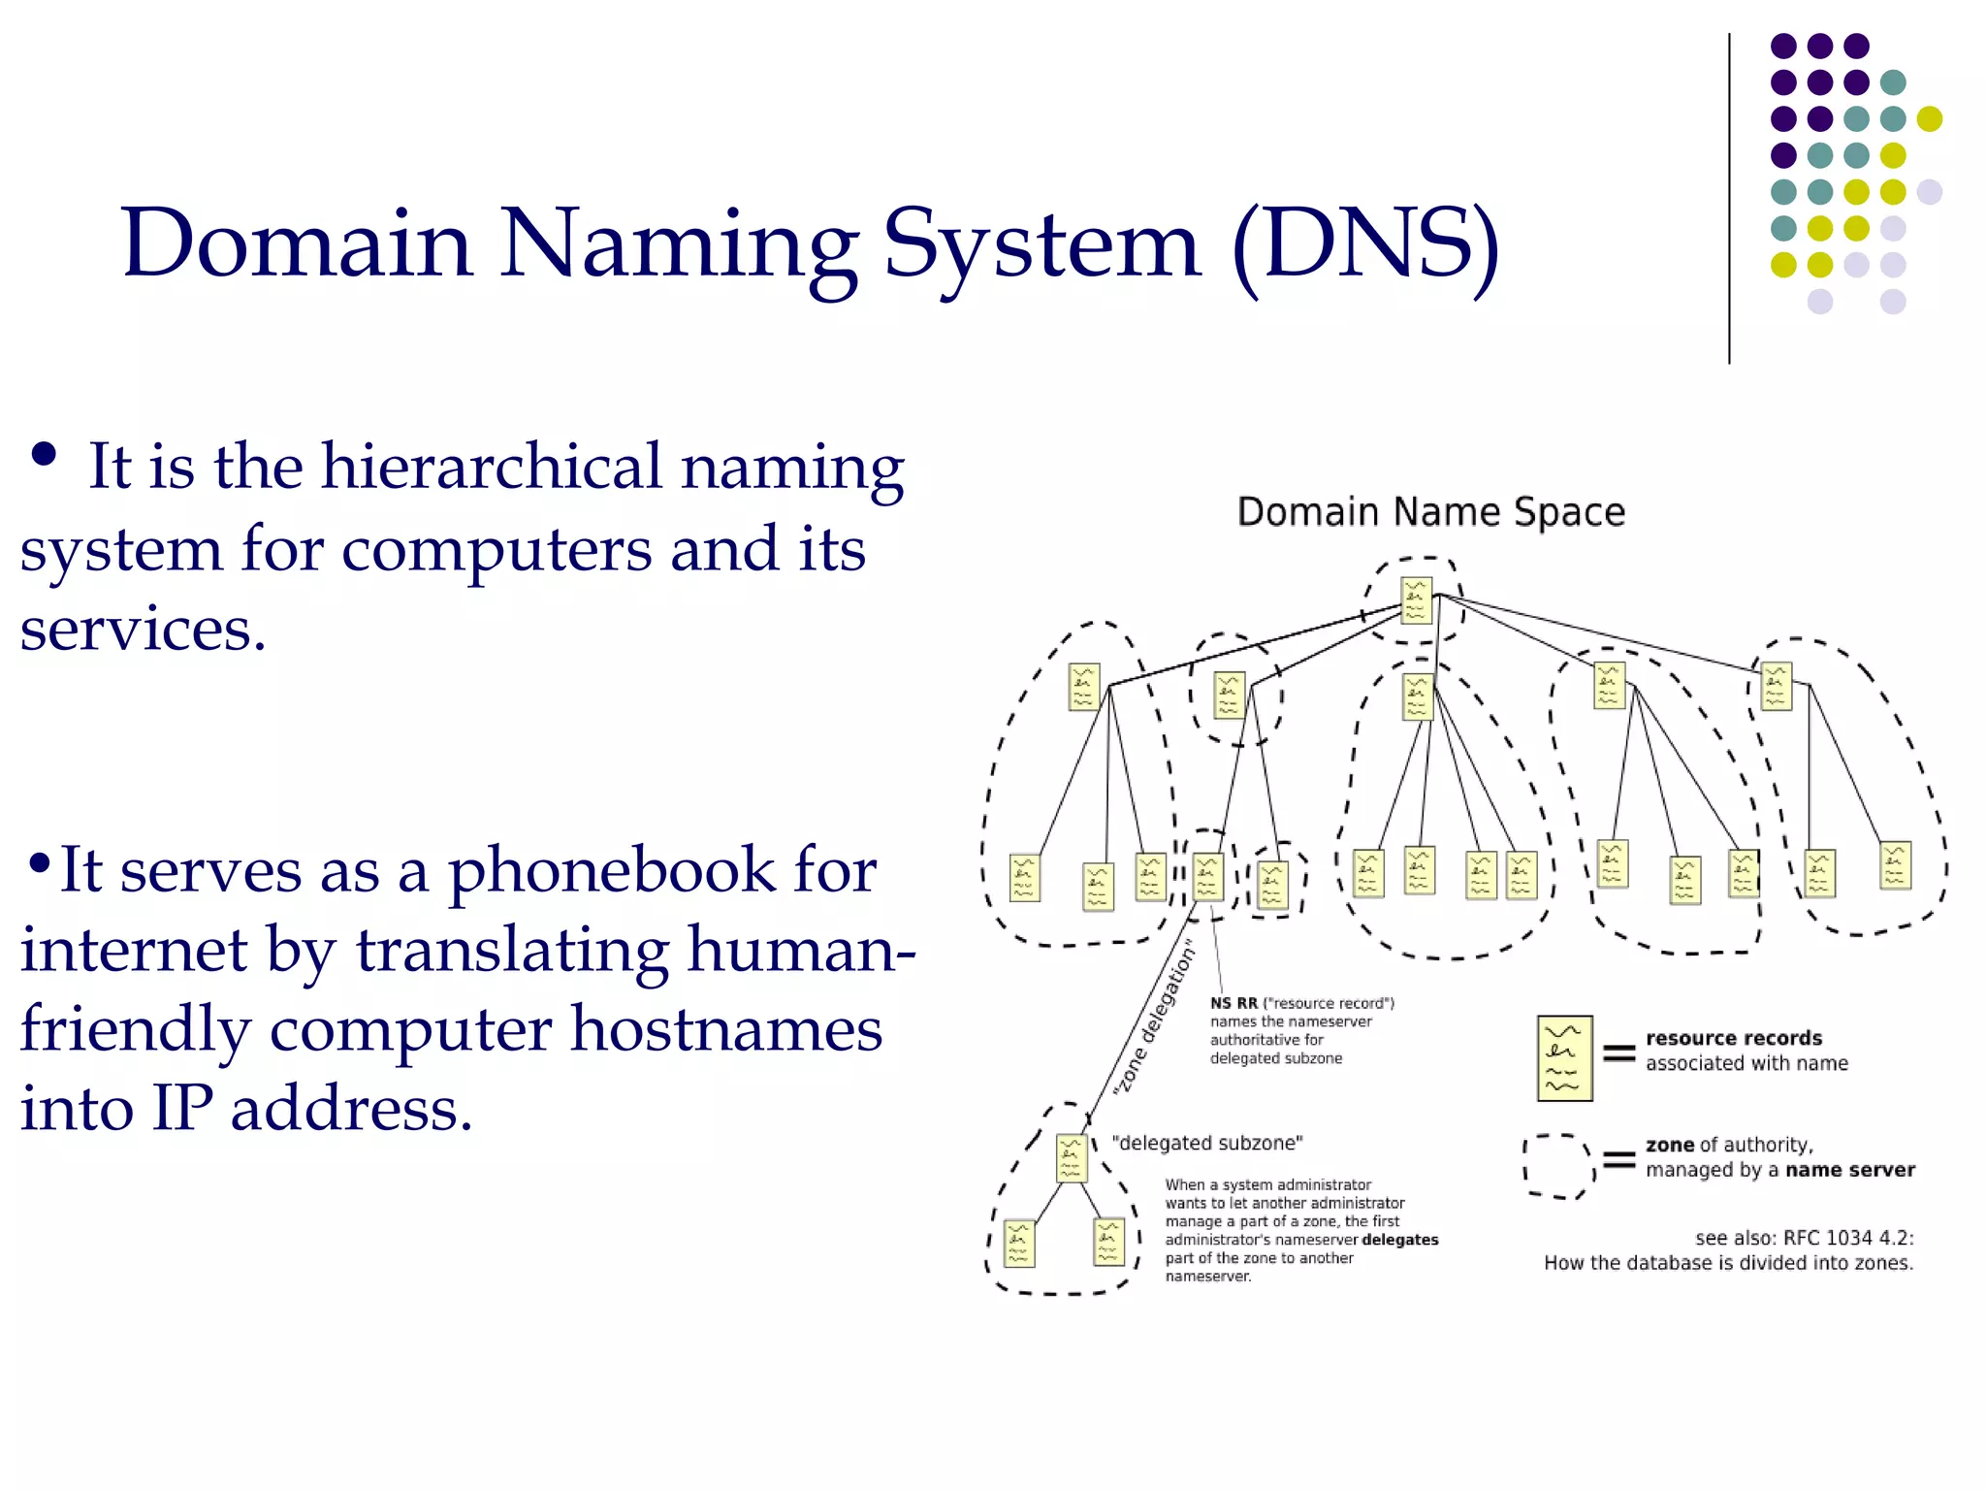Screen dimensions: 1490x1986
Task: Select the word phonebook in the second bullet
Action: [612, 869]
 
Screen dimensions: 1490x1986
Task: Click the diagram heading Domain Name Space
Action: [1430, 512]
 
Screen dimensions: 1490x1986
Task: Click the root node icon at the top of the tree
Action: [1416, 600]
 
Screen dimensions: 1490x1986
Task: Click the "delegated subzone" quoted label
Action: [1206, 1144]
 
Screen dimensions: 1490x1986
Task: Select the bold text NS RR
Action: [1233, 1003]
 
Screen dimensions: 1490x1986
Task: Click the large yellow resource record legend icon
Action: [1564, 1058]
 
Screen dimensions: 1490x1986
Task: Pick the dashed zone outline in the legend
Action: [1557, 1165]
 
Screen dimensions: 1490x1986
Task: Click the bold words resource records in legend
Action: [1733, 1038]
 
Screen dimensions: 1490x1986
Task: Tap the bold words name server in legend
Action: [1849, 1170]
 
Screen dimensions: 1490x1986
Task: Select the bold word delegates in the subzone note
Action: [1399, 1240]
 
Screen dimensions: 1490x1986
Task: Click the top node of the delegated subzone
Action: [1071, 1158]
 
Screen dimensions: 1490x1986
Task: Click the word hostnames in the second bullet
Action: [725, 1028]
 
